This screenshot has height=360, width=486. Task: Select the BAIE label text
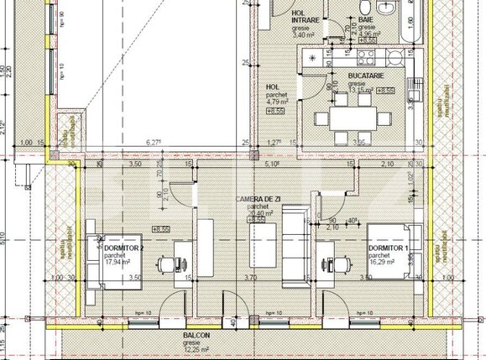pos(365,18)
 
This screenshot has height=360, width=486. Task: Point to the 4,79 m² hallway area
pos(277,102)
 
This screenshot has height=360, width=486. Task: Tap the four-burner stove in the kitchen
pos(366,58)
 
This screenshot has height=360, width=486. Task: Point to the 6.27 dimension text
pos(154,143)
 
